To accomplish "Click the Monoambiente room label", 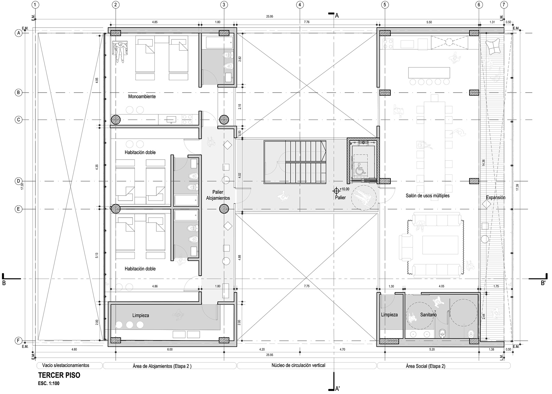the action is point(142,97).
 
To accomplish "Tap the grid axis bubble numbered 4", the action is point(300,5).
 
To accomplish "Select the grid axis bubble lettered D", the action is point(18,181).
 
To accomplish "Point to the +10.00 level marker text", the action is point(344,189).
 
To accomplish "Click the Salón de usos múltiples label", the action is point(428,196).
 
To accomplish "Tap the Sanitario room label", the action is point(428,315).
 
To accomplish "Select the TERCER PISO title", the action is point(59,375).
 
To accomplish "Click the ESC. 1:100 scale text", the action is point(49,383).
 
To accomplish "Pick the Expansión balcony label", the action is point(496,198).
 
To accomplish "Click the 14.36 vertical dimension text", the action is point(484,163).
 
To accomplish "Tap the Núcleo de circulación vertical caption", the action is point(298,366).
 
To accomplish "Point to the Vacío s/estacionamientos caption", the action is point(66,366).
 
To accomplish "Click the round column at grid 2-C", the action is point(116,119).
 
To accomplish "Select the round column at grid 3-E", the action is point(224,209).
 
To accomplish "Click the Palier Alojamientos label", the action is point(218,195).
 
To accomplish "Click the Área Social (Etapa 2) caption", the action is point(425,366).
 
